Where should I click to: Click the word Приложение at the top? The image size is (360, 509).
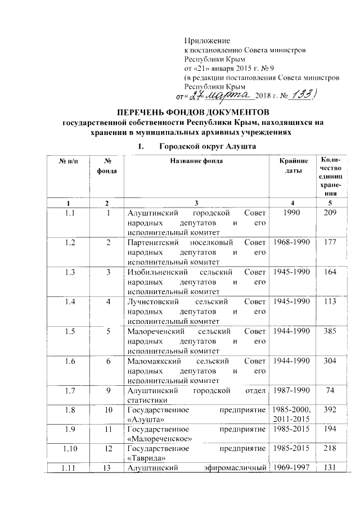208,41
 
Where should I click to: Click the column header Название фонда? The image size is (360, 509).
197,161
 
